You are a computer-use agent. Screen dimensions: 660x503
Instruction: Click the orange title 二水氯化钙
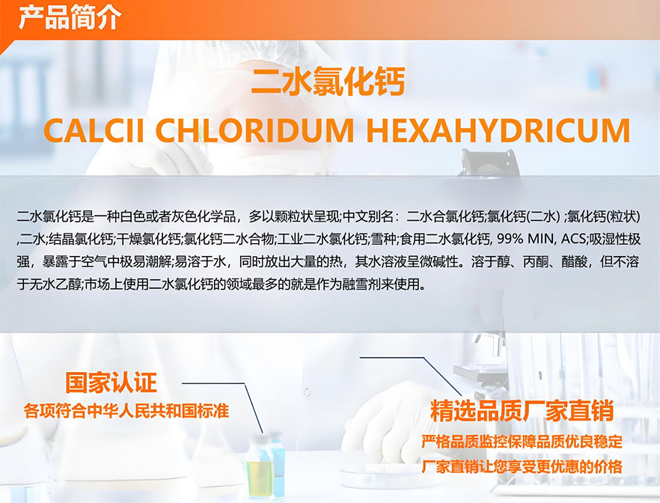coord(328,82)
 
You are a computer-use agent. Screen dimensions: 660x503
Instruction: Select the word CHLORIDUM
coord(254,130)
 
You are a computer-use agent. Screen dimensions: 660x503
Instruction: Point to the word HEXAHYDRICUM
coord(498,130)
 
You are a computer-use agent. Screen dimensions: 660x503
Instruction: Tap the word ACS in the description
coord(573,239)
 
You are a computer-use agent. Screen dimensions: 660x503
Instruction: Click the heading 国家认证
coord(111,382)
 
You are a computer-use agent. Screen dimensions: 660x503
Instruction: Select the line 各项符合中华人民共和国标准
coord(126,410)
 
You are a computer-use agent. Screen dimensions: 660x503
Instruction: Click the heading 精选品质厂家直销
coord(522,411)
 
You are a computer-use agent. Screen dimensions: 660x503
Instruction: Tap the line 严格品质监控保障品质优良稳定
coord(522,442)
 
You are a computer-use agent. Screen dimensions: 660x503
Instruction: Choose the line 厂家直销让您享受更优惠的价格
coord(522,466)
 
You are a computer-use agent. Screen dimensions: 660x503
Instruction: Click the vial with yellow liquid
coord(258,466)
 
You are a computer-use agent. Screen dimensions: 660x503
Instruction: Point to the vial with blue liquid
coord(278,463)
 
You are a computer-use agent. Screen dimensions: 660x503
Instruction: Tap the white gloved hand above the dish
coord(388,421)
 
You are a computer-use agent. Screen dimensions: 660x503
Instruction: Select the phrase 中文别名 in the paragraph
coord(368,217)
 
